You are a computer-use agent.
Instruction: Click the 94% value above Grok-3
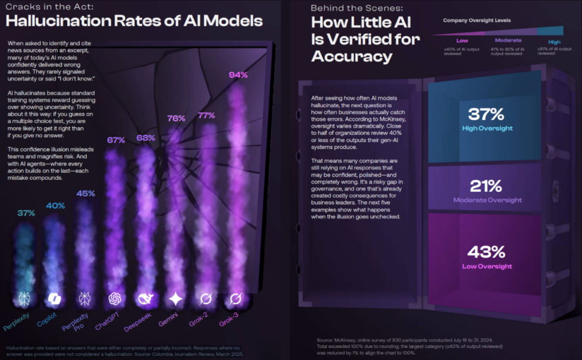pyautogui.click(x=238, y=75)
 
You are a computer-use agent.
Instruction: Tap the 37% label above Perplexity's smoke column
pyautogui.click(x=26, y=213)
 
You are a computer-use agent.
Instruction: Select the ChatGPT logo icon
pyautogui.click(x=115, y=299)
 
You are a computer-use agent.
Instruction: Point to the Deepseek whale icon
pyautogui.click(x=145, y=299)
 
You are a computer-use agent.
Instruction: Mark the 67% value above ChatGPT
pyautogui.click(x=116, y=140)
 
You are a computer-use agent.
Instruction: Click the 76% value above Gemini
pyautogui.click(x=177, y=118)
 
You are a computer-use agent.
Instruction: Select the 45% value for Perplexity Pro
pyautogui.click(x=85, y=193)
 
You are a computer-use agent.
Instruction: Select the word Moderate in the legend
pyautogui.click(x=508, y=41)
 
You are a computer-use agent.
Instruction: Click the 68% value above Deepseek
pyautogui.click(x=147, y=138)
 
